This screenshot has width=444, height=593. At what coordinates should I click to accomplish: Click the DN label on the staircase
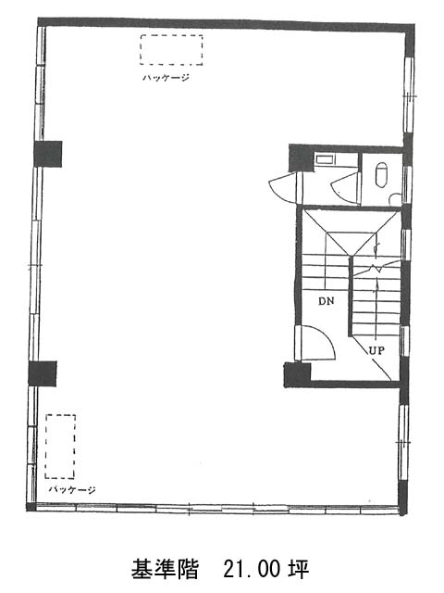327,301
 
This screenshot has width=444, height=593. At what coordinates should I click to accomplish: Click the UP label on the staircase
376,350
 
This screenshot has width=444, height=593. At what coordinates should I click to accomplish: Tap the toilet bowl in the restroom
382,175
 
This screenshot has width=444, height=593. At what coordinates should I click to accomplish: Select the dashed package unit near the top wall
171,50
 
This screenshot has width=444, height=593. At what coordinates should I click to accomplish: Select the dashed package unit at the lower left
60,447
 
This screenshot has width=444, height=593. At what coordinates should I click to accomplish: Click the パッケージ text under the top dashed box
166,78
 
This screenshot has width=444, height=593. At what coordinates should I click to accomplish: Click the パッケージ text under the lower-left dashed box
72,490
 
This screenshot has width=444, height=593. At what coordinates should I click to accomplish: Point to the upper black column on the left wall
48,154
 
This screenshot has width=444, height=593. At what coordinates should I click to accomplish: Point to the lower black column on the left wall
43,373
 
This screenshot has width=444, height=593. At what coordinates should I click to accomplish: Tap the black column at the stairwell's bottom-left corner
297,374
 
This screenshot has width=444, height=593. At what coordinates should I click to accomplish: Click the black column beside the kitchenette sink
301,158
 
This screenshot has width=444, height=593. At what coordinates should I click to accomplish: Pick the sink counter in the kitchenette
325,159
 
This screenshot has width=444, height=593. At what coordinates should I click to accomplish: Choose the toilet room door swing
344,188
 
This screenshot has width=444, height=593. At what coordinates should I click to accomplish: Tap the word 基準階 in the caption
165,570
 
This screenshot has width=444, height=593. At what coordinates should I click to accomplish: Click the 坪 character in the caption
300,570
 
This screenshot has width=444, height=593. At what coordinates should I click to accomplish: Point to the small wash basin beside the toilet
395,199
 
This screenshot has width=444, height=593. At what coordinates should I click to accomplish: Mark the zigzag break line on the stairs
376,268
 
